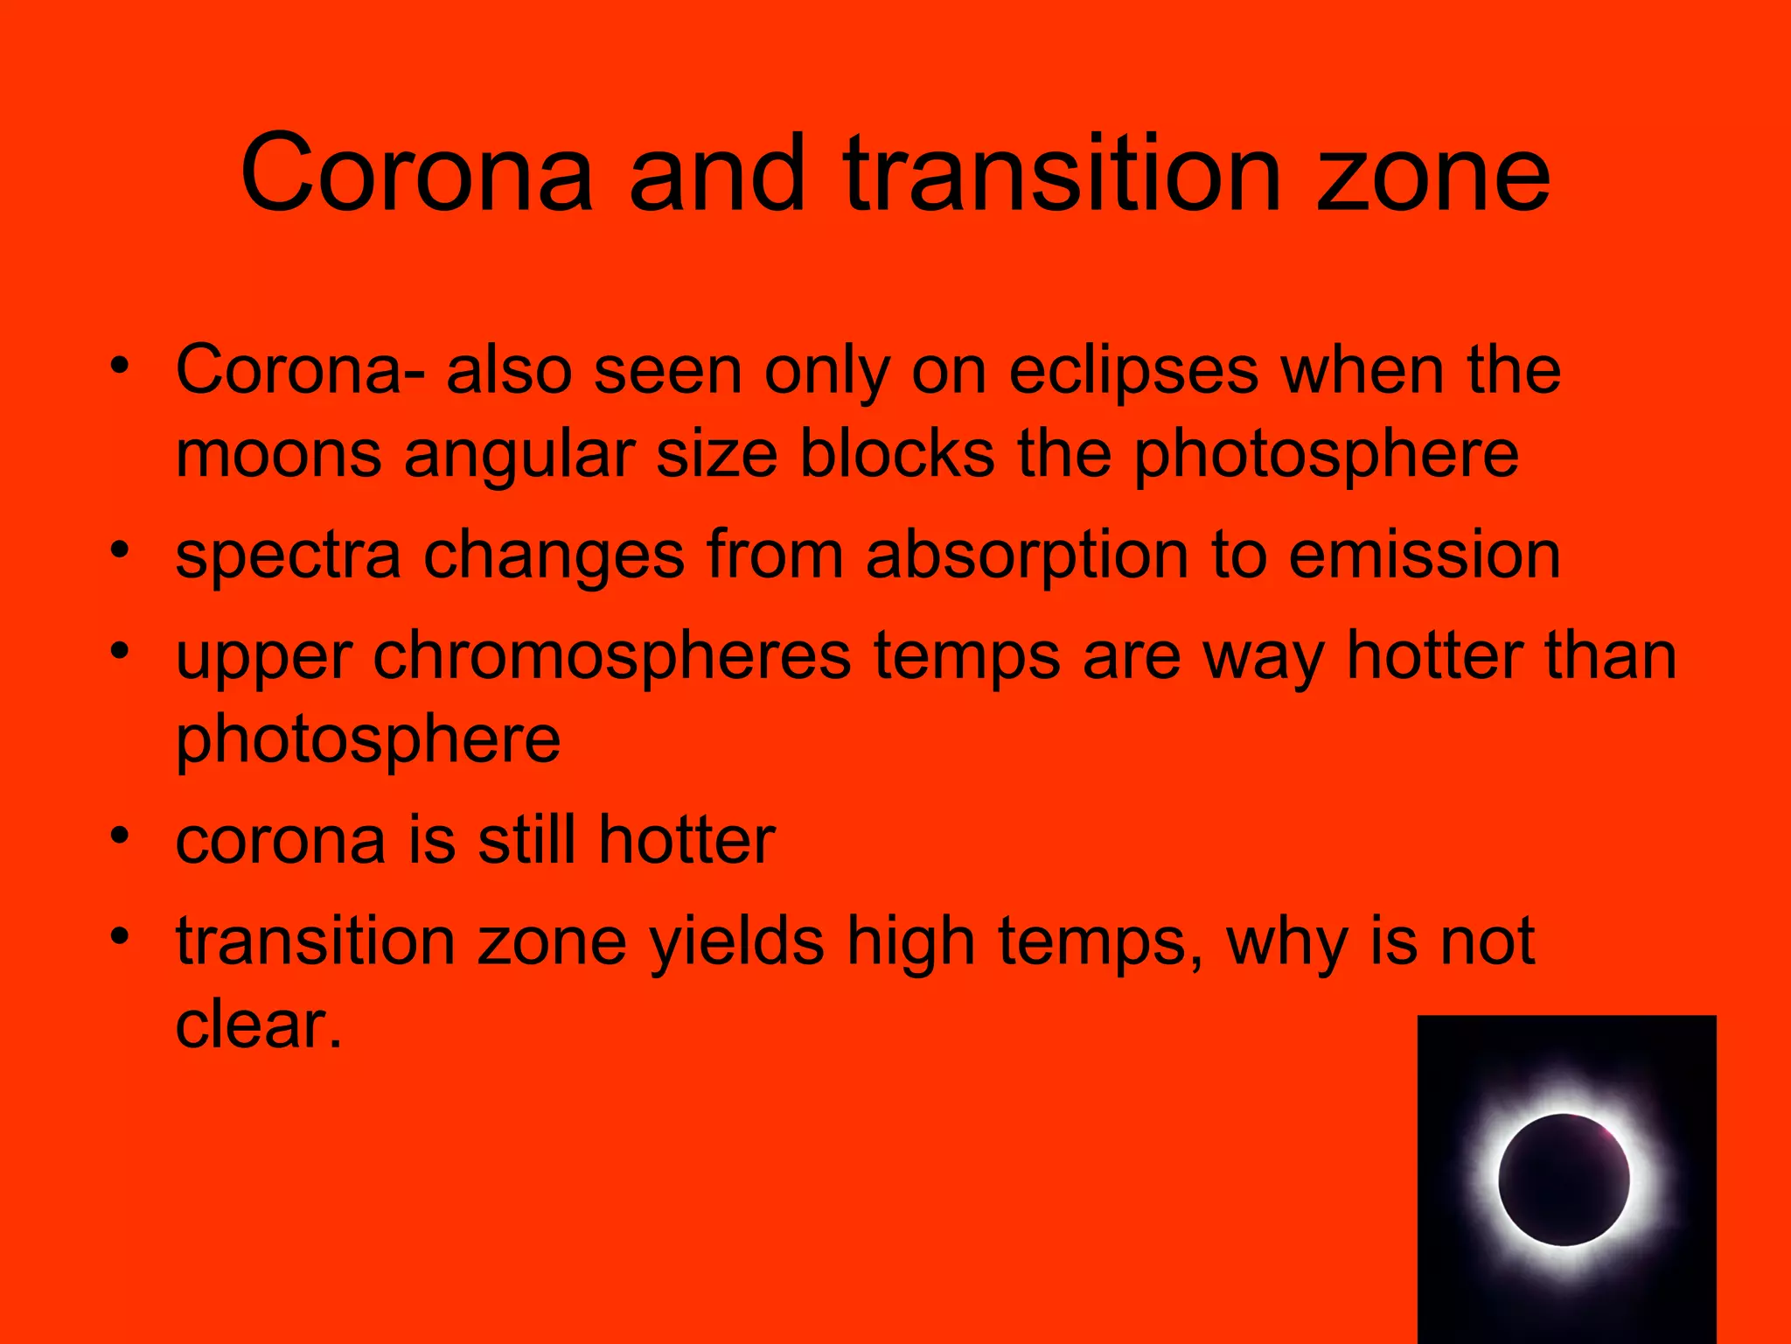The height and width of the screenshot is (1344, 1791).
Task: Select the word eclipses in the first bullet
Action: tap(1133, 371)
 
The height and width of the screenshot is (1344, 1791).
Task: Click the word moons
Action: tap(278, 455)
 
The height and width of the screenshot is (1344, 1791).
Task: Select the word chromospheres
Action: tap(612, 656)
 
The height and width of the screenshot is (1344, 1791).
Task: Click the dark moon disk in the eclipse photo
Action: tap(1564, 1179)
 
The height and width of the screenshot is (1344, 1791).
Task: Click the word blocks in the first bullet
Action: tap(897, 455)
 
